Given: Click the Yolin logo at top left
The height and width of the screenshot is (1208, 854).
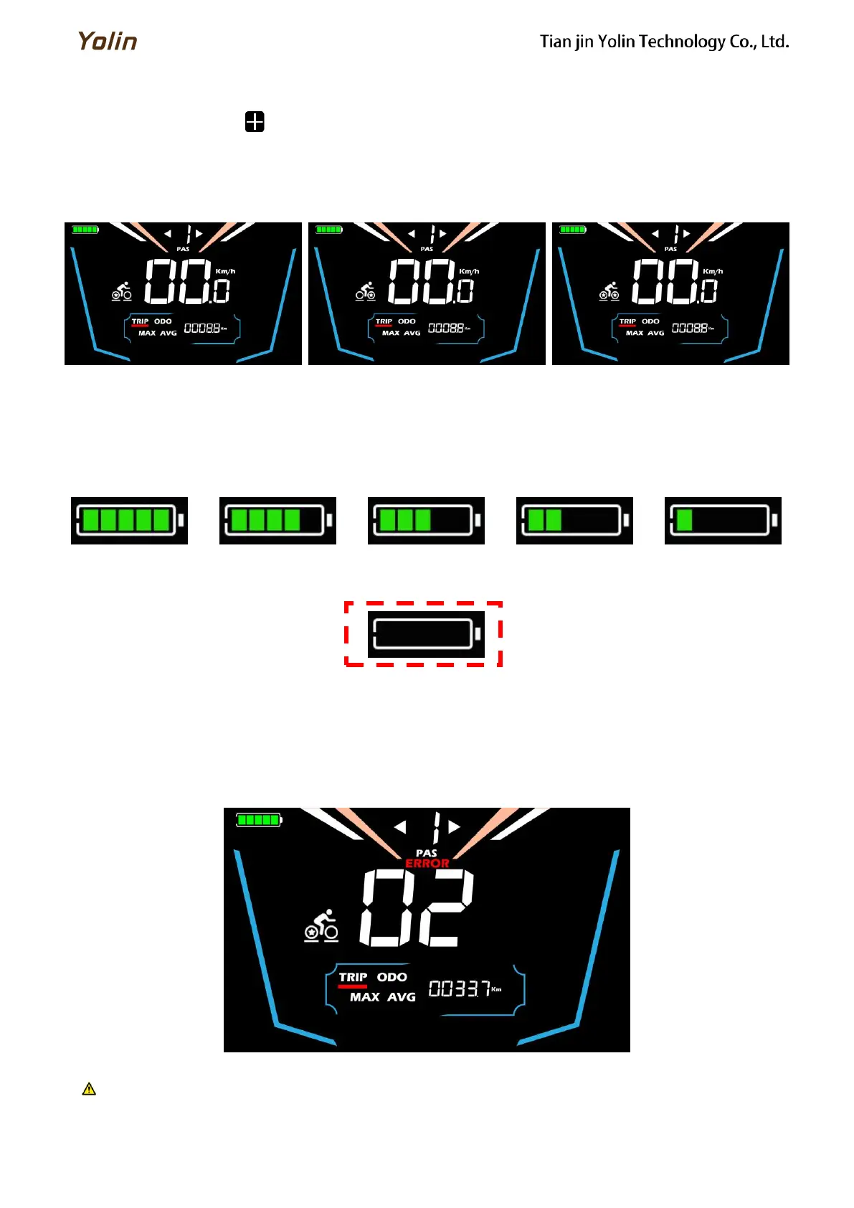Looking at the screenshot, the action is click(x=108, y=41).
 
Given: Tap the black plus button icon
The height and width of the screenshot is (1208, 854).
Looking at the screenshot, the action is click(x=255, y=122).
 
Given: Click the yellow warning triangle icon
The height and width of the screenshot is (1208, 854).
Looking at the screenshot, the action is click(x=89, y=1089).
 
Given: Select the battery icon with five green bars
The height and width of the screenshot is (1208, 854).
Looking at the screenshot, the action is click(x=129, y=520).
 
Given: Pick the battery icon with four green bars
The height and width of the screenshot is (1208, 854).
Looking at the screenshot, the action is click(x=277, y=520).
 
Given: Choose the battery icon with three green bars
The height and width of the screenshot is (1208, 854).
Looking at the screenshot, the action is click(x=426, y=520).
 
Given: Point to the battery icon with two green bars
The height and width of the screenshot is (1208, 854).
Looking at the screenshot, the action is click(x=574, y=520).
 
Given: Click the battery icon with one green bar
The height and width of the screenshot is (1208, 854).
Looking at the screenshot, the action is click(x=723, y=520).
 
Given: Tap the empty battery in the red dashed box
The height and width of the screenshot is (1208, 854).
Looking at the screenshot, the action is click(x=426, y=634).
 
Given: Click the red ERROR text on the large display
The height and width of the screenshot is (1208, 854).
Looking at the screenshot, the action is click(x=427, y=864).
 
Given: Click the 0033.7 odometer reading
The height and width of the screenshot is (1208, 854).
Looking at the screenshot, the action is click(x=460, y=988).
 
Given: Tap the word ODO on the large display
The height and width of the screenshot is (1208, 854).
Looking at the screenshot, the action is click(x=392, y=977).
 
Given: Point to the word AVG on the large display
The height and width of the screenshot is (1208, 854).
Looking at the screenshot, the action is click(x=402, y=997).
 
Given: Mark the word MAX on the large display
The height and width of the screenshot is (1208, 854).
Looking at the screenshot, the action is click(x=364, y=997).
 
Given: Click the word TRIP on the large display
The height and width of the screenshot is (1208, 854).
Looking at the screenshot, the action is click(x=353, y=977).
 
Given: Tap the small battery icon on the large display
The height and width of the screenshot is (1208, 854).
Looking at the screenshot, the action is click(x=259, y=820).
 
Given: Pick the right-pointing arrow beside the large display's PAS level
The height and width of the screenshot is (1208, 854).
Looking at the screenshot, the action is click(x=454, y=827).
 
